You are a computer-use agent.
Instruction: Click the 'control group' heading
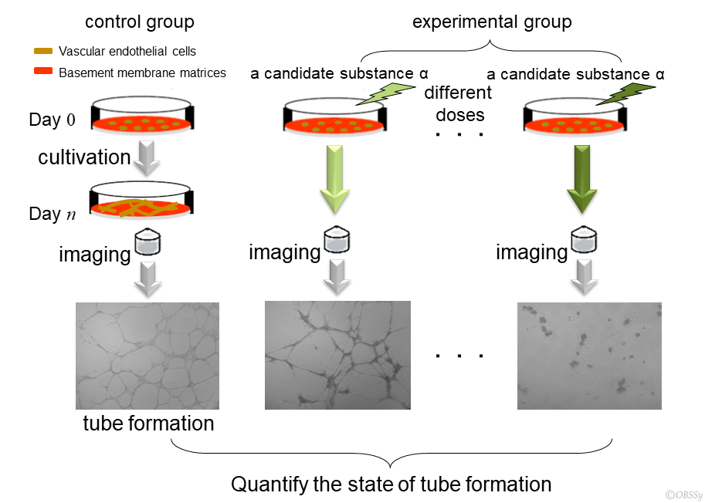click(x=139, y=21)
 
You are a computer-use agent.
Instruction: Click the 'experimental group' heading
click(x=492, y=21)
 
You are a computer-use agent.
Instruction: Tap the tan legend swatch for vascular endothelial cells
click(x=43, y=52)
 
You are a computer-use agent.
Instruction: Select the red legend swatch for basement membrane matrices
click(x=43, y=73)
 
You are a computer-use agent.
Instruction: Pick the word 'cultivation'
click(x=84, y=158)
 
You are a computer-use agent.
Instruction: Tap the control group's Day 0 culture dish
click(x=142, y=116)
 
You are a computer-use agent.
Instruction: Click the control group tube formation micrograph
click(x=147, y=356)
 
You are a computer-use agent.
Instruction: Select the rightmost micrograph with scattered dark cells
click(x=589, y=356)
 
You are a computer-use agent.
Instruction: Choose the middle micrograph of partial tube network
click(x=337, y=356)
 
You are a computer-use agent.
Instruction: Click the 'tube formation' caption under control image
click(x=148, y=424)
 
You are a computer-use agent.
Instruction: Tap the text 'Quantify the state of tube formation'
click(x=391, y=484)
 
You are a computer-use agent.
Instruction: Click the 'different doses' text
click(x=459, y=104)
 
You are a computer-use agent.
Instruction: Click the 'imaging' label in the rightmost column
click(x=531, y=252)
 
